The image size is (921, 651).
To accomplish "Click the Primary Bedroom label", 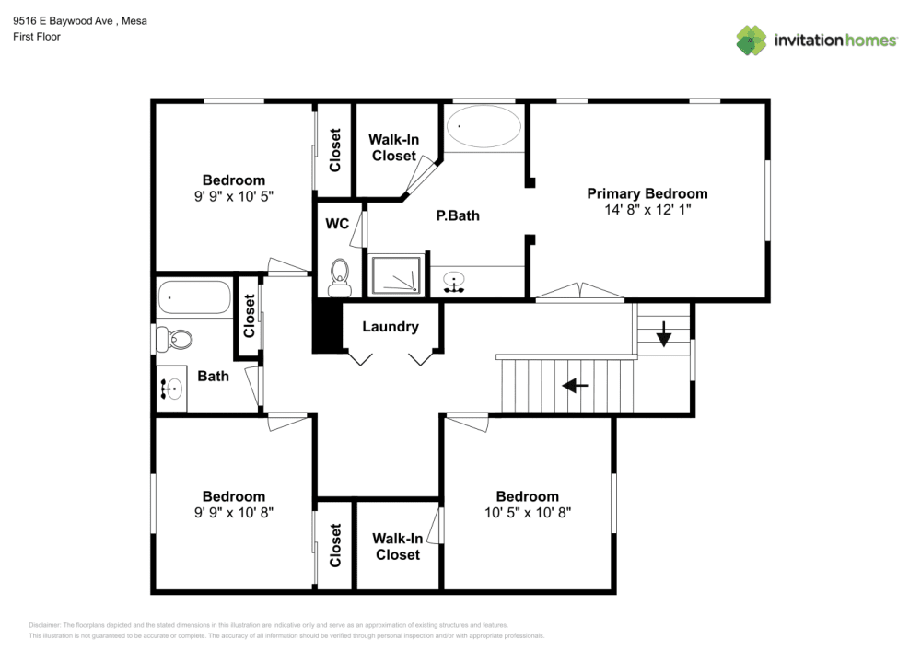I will coord(647,193).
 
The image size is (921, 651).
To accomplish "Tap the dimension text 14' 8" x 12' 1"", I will coord(647,210).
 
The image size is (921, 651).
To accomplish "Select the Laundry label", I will coord(390,327).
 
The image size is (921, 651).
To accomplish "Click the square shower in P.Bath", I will coord(398,275).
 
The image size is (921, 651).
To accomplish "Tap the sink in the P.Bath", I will coord(453,281).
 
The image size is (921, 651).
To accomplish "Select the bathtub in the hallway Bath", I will coord(193,297).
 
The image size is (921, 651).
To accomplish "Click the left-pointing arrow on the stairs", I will coord(576,385).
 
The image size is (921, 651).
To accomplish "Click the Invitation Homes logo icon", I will coord(751,41).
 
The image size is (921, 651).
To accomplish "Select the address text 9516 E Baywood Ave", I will coord(66,20).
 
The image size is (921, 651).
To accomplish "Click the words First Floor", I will coord(36,37).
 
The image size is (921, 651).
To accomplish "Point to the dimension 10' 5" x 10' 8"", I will coord(528,512).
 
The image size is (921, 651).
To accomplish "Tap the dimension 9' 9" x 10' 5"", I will coord(234,196).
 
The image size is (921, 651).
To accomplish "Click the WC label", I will coord(336,224).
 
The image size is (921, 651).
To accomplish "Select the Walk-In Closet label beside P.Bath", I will coord(394,147).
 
